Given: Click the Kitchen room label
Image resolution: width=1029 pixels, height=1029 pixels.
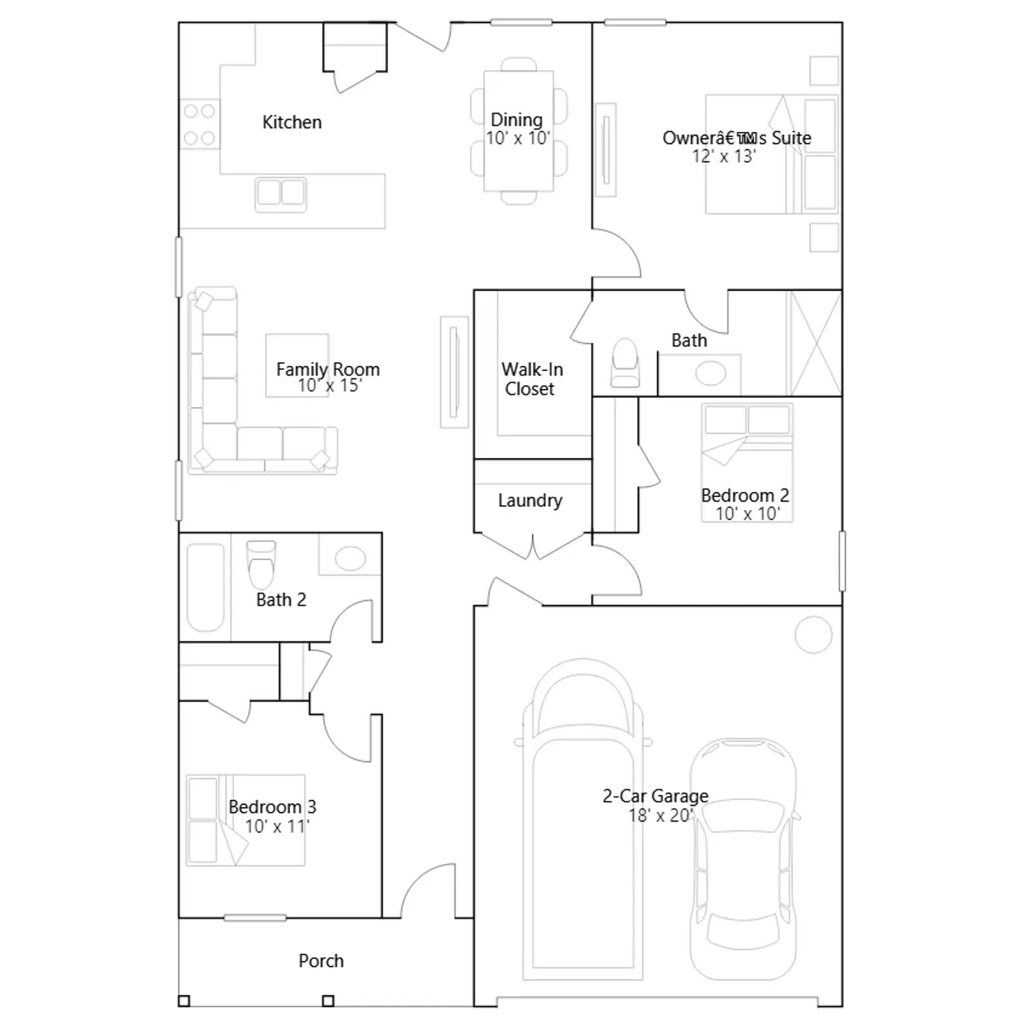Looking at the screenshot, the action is pyautogui.click(x=292, y=122).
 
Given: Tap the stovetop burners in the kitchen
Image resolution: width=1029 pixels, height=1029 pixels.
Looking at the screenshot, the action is pyautogui.click(x=199, y=124).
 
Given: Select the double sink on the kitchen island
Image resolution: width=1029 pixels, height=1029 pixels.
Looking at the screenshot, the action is pyautogui.click(x=280, y=194).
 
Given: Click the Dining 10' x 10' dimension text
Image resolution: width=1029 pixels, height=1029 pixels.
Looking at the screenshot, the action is pyautogui.click(x=518, y=138).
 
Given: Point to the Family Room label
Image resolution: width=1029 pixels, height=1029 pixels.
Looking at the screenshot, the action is pyautogui.click(x=328, y=369).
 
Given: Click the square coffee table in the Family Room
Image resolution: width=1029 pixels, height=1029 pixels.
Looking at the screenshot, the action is pyautogui.click(x=297, y=365).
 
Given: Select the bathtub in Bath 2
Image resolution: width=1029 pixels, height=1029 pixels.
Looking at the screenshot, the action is pyautogui.click(x=205, y=587).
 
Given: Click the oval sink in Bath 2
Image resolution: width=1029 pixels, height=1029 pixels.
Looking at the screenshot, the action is pyautogui.click(x=350, y=558).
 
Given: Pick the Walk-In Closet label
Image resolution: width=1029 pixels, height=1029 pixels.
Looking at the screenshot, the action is pyautogui.click(x=531, y=379).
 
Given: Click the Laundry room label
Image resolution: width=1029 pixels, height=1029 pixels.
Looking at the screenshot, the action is pyautogui.click(x=530, y=500).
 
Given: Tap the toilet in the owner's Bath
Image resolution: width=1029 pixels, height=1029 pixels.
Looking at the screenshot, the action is pyautogui.click(x=625, y=363).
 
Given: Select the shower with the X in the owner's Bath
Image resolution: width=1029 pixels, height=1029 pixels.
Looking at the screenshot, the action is pyautogui.click(x=814, y=343).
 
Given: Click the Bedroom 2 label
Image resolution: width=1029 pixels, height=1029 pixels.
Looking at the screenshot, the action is pyautogui.click(x=745, y=495).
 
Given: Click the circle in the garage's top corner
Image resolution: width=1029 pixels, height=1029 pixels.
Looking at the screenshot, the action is pyautogui.click(x=814, y=634).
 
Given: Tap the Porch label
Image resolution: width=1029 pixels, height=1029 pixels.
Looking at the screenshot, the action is pyautogui.click(x=321, y=961).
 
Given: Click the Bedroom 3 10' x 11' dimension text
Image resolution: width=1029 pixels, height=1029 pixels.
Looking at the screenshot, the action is pyautogui.click(x=277, y=826).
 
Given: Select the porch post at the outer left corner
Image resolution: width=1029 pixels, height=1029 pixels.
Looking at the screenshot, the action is pyautogui.click(x=184, y=1001).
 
